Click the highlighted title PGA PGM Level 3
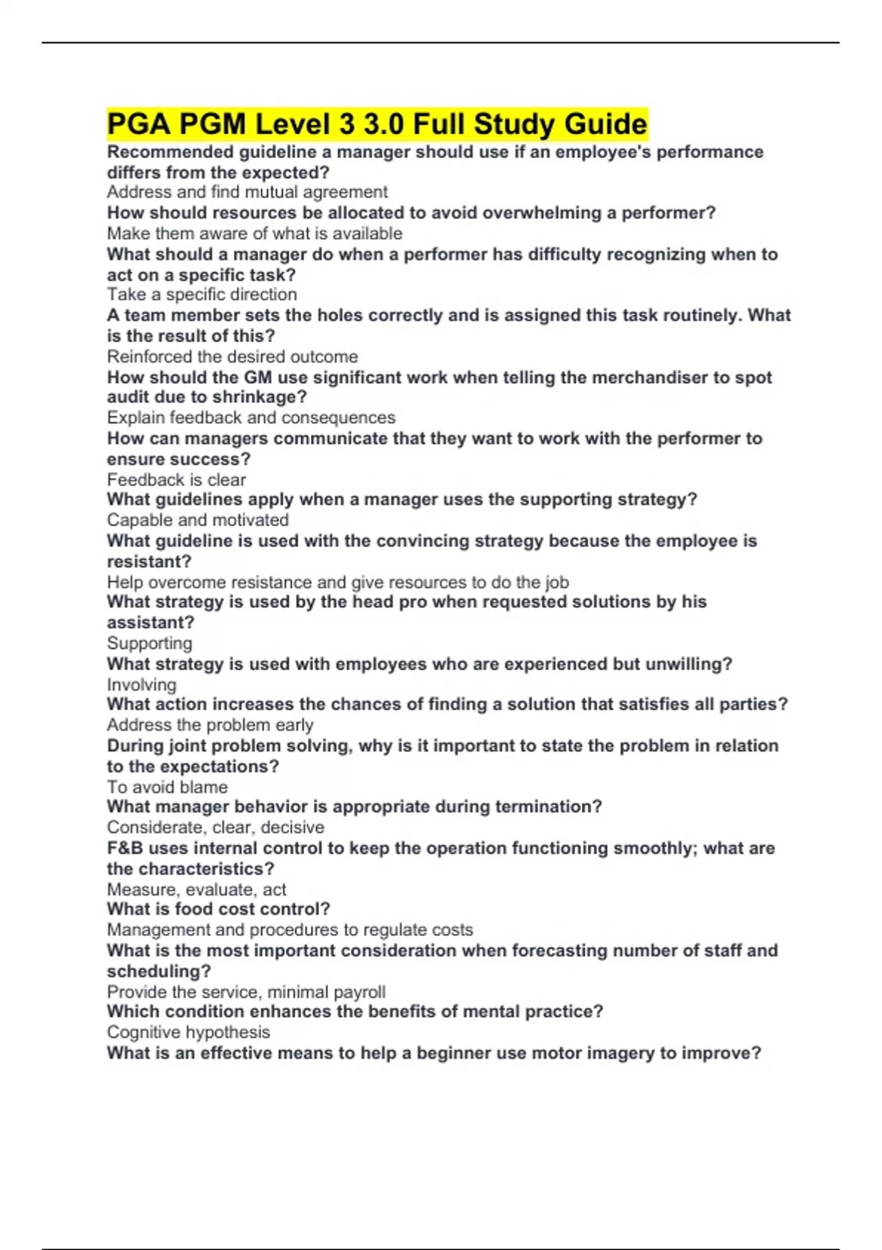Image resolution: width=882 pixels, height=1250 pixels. [377, 124]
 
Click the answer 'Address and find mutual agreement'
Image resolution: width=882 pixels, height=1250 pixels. [247, 192]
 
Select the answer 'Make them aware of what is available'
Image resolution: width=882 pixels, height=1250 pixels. [254, 233]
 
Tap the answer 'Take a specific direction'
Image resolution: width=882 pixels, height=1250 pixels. [202, 294]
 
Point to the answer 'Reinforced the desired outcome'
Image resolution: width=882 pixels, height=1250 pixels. [232, 357]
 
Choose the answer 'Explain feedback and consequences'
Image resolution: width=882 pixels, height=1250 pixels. [251, 418]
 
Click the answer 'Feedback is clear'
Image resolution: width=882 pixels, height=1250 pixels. [176, 479]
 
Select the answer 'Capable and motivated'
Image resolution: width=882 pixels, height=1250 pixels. [198, 520]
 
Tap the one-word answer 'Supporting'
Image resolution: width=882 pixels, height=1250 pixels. [150, 643]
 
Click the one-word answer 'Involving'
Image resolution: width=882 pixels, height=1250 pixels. [142, 685]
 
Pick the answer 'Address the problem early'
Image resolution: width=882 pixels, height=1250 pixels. [210, 725]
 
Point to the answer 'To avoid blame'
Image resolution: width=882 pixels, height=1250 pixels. [168, 787]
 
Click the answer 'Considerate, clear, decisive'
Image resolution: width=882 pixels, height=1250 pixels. [215, 827]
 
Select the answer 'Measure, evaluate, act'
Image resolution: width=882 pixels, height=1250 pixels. [196, 889]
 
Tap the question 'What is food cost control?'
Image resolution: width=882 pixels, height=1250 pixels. [218, 909]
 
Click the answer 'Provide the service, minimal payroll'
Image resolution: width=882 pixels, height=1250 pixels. [246, 992]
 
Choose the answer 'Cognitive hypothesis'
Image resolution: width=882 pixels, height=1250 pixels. [188, 1032]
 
